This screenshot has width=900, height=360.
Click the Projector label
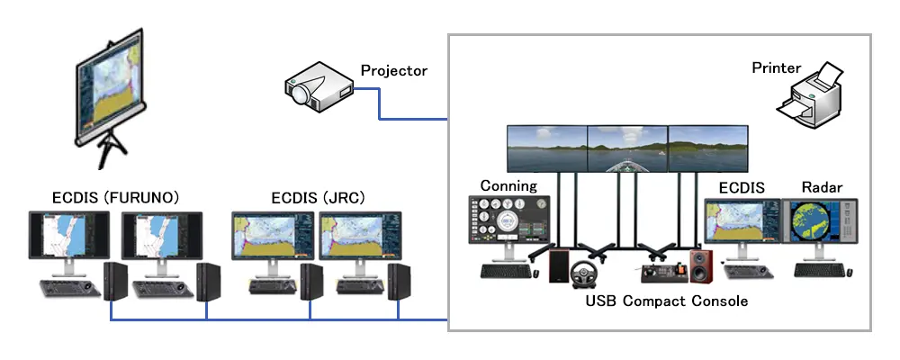pos(393,70)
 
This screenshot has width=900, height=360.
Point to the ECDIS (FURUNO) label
pos(114,196)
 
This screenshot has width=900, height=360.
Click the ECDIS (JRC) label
pos(318,196)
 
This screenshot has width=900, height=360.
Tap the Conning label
pos(508,186)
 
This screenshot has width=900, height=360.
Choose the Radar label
pos(822,188)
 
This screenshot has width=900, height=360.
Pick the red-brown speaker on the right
pos(701,266)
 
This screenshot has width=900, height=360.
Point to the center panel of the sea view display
pos(626,148)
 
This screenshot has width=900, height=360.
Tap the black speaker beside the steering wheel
pos(559,266)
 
